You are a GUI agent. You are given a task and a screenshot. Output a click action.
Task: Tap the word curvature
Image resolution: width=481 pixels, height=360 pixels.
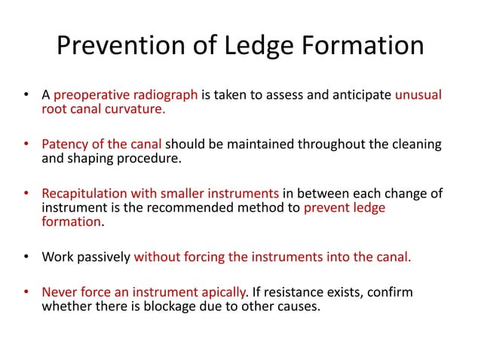pos(135,111)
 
